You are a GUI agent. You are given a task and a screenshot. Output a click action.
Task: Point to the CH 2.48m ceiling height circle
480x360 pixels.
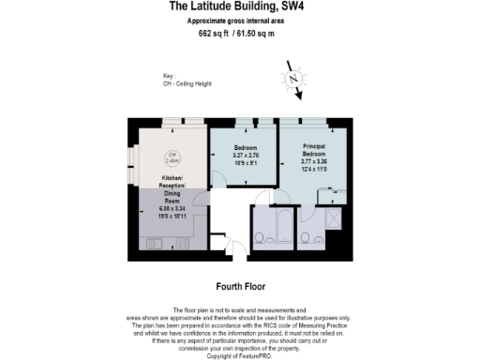pos(172,157)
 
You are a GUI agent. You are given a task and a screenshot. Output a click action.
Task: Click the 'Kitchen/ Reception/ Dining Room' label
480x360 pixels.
pos(171,187)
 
